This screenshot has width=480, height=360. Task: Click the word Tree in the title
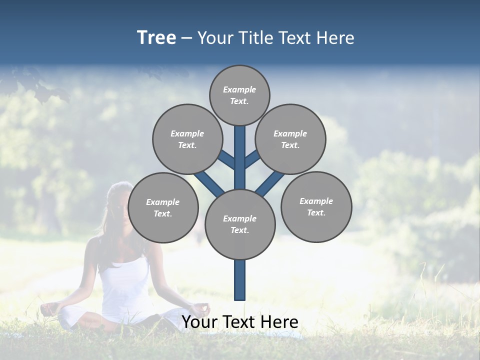coord(156,37)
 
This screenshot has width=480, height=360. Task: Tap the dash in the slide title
coord(186,38)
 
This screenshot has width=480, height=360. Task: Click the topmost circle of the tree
coord(239,95)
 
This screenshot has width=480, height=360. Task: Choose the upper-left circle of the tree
coord(187,139)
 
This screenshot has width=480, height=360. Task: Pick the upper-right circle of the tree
coord(290,139)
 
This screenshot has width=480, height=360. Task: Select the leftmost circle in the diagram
coord(163,207)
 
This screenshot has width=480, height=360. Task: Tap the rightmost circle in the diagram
coord(316,206)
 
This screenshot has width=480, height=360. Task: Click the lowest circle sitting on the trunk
coord(240,224)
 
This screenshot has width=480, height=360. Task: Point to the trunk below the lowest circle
coord(240,280)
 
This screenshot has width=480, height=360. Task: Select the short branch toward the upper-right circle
coord(252,159)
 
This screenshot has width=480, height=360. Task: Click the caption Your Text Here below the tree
coord(240,322)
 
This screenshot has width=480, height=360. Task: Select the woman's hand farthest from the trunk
coord(48,308)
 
